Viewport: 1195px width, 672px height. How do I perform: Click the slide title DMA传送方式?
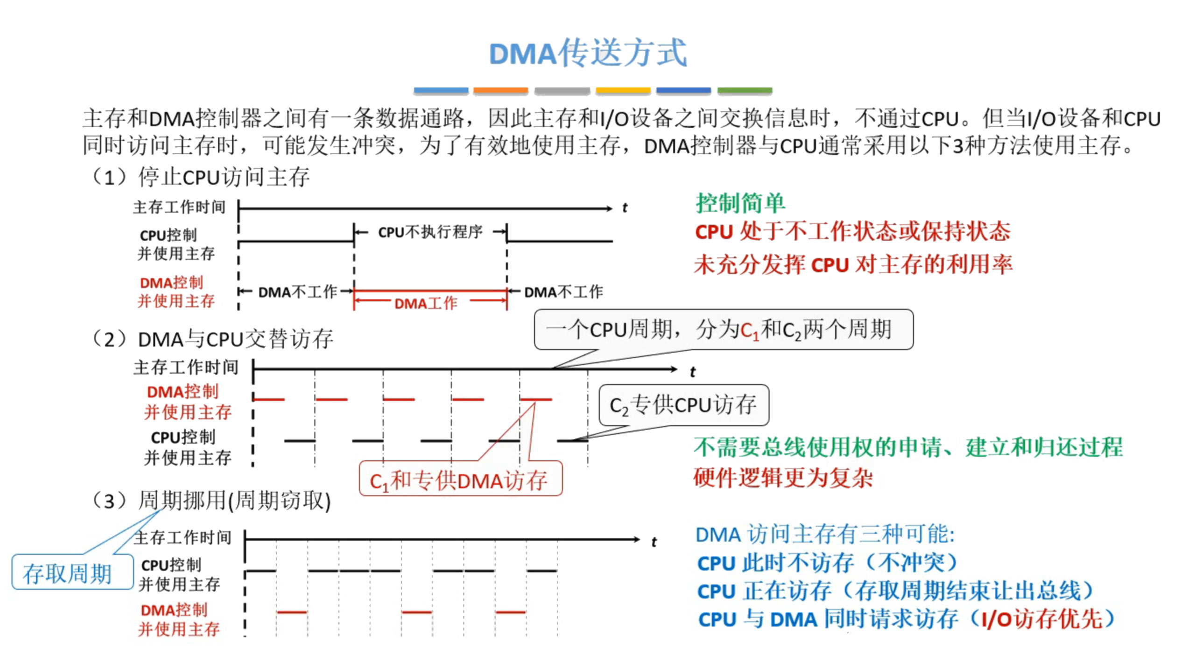pyautogui.click(x=587, y=53)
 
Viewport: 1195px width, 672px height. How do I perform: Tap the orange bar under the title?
pyautogui.click(x=500, y=91)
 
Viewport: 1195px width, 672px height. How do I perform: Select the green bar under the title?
pyautogui.click(x=744, y=91)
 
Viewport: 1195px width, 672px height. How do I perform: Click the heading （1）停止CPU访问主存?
pyautogui.click(x=201, y=177)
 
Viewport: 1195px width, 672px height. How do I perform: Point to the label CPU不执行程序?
pyautogui.click(x=429, y=232)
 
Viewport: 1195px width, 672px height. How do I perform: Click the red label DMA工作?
pyautogui.click(x=426, y=303)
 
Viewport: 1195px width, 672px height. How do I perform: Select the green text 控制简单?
pyautogui.click(x=740, y=203)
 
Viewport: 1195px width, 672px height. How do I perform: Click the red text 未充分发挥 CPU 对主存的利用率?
pyautogui.click(x=852, y=265)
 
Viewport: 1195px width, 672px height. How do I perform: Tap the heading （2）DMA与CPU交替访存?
pyautogui.click(x=212, y=339)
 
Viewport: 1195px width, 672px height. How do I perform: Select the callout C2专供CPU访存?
pyautogui.click(x=683, y=405)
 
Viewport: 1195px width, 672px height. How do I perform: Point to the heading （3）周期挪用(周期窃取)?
pyautogui.click(x=211, y=501)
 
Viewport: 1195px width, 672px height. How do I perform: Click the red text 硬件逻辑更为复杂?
pyautogui.click(x=783, y=477)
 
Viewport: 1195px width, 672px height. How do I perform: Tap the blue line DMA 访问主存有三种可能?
pyautogui.click(x=825, y=534)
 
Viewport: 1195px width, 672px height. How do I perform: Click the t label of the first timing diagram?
pyautogui.click(x=625, y=208)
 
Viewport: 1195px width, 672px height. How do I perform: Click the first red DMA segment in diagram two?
pyautogui.click(x=269, y=399)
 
